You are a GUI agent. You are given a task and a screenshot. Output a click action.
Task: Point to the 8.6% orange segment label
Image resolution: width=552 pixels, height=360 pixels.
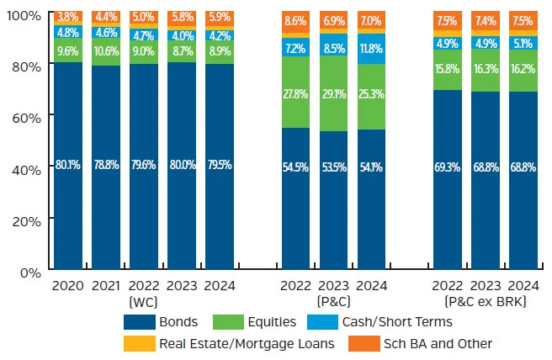[x=296, y=20]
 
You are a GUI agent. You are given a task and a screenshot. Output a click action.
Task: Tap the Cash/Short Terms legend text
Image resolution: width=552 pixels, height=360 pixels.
[x=397, y=320]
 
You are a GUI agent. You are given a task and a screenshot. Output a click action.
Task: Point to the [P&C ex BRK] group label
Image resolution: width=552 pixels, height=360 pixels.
[x=486, y=301]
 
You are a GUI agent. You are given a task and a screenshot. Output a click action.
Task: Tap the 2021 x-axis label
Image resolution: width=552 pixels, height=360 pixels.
[x=107, y=287]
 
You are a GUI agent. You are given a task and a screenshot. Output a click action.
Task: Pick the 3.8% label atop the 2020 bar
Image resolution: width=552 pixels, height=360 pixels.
[x=68, y=18]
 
